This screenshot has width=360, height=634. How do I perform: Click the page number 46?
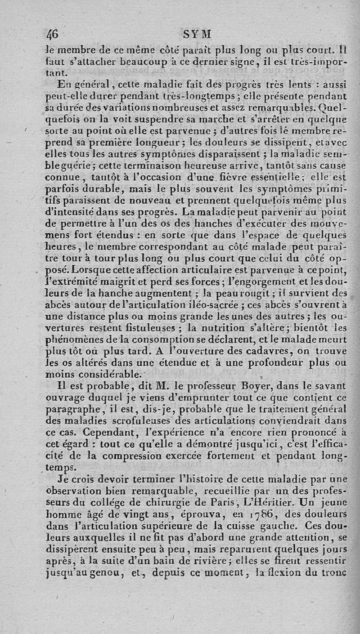[x=53, y=35]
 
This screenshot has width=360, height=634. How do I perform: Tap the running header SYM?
[x=197, y=35]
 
